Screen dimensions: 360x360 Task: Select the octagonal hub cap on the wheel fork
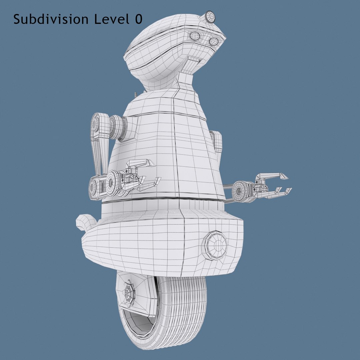[129, 293]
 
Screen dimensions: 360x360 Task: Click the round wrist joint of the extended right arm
[240, 191]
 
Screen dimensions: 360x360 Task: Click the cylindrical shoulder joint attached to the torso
[119, 127]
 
